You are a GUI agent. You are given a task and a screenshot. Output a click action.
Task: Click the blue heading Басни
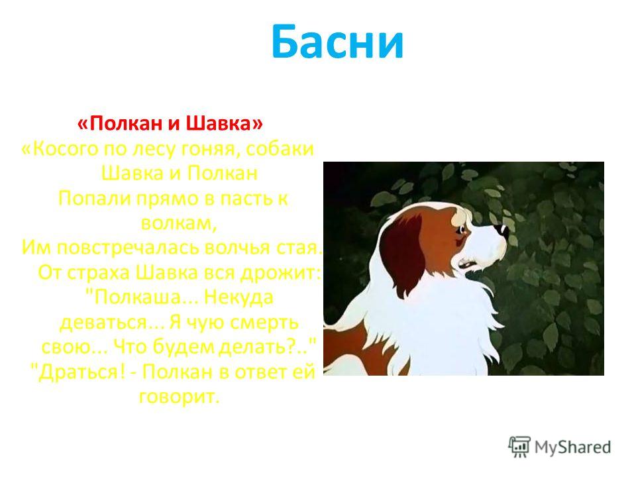[x=337, y=42]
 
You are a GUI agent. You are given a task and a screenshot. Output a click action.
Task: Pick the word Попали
[x=94, y=198]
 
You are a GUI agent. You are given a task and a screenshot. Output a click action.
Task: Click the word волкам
[x=178, y=223]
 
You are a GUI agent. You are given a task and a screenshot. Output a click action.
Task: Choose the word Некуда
[x=238, y=297]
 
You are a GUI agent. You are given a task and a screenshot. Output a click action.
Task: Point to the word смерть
[x=264, y=323]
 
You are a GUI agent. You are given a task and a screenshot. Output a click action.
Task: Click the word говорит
[x=178, y=397]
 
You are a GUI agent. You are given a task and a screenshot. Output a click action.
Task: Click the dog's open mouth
[x=467, y=265]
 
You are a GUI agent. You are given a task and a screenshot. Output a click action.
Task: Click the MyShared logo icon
[x=519, y=447]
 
